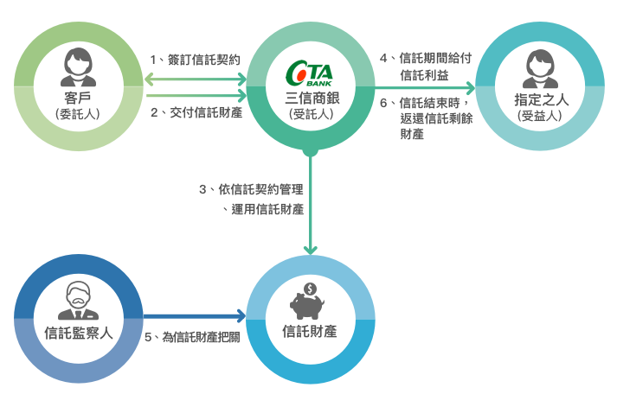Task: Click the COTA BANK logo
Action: click(x=309, y=73)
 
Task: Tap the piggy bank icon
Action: click(x=307, y=307)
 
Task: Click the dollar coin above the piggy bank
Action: click(x=311, y=289)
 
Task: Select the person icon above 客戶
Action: click(x=78, y=67)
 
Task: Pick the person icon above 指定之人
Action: click(x=540, y=68)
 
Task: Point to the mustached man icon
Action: click(x=78, y=301)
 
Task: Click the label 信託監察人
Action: click(x=78, y=333)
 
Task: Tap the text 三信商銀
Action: click(x=312, y=98)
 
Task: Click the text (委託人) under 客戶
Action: click(x=78, y=114)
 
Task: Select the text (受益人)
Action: click(x=539, y=116)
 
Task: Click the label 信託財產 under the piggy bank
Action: click(x=310, y=331)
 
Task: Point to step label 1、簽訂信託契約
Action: click(x=196, y=60)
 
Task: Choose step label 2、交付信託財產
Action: click(x=196, y=112)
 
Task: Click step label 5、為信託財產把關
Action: click(x=192, y=337)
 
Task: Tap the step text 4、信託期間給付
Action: click(x=426, y=58)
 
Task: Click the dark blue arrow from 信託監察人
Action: click(x=195, y=316)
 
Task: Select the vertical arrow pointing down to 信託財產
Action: click(x=310, y=202)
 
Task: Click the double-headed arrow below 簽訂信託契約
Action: click(x=196, y=79)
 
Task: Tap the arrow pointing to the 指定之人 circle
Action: click(x=425, y=88)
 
